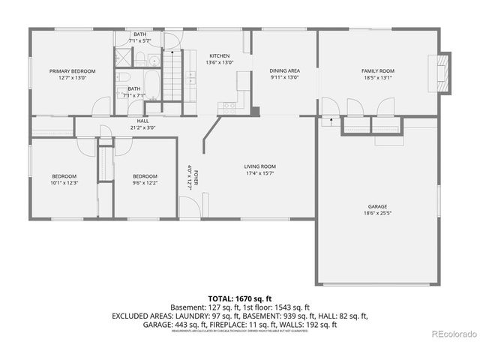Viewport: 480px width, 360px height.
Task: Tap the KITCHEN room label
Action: [x=220, y=56]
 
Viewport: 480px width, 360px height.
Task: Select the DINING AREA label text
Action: [x=284, y=71]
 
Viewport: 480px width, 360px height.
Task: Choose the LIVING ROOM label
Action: [x=260, y=166]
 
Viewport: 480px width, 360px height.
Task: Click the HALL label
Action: [x=142, y=121]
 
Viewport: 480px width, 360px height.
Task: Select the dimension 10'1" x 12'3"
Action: [x=64, y=182]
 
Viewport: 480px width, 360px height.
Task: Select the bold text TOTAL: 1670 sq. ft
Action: [x=239, y=298]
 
